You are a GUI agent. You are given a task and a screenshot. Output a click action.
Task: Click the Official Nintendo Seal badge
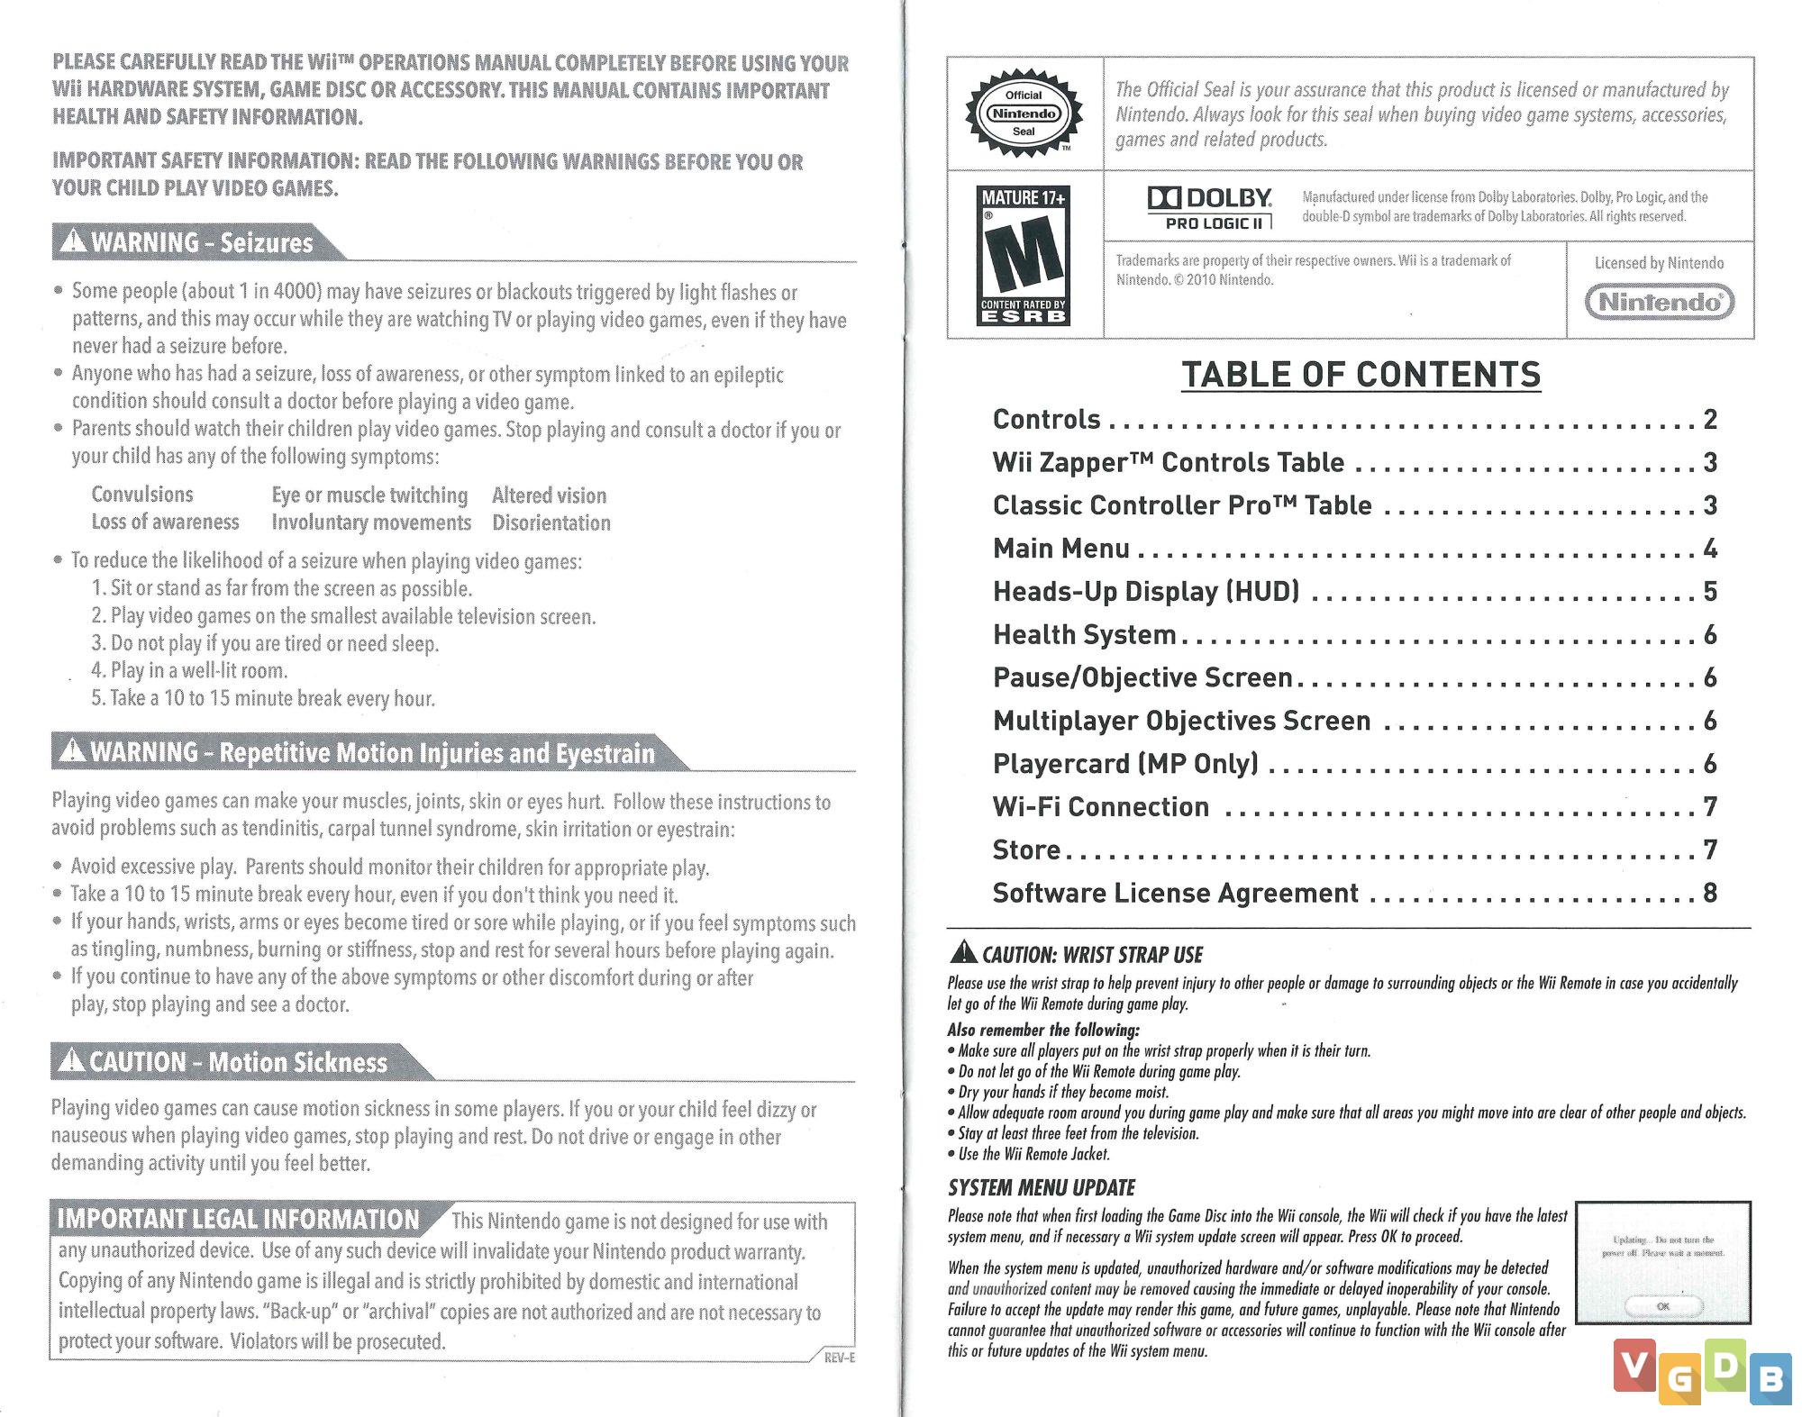[x=1024, y=114]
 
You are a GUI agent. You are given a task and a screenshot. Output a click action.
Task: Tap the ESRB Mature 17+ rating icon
[x=1024, y=254]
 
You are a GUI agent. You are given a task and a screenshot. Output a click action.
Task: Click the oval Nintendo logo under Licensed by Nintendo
[x=1660, y=302]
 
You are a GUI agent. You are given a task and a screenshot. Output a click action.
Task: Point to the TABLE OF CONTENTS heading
[x=1361, y=375]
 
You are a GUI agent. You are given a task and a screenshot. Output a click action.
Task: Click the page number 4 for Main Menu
[x=1710, y=549]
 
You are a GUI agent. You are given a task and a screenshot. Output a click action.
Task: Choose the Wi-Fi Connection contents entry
[x=1100, y=807]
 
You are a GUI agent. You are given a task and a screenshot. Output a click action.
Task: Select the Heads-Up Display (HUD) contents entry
[x=1145, y=592]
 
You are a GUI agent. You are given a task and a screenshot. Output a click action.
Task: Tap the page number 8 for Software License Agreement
[x=1710, y=893]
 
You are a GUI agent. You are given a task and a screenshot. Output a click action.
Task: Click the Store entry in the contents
[x=1026, y=849]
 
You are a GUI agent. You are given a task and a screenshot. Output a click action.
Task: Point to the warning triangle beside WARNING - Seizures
[x=72, y=241]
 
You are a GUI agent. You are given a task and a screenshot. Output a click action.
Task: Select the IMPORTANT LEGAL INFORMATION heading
[x=239, y=1220]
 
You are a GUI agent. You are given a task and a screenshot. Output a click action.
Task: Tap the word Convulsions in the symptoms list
[x=142, y=495]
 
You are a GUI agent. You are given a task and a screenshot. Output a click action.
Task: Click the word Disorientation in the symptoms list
[x=551, y=522]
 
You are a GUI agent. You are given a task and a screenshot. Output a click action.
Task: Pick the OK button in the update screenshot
[x=1662, y=1305]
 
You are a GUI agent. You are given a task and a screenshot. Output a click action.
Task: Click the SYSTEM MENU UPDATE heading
[x=1041, y=1187]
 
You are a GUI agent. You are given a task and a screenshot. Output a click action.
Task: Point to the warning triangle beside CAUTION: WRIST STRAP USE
[x=963, y=952]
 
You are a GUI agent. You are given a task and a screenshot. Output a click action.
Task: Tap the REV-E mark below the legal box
[x=839, y=1358]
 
